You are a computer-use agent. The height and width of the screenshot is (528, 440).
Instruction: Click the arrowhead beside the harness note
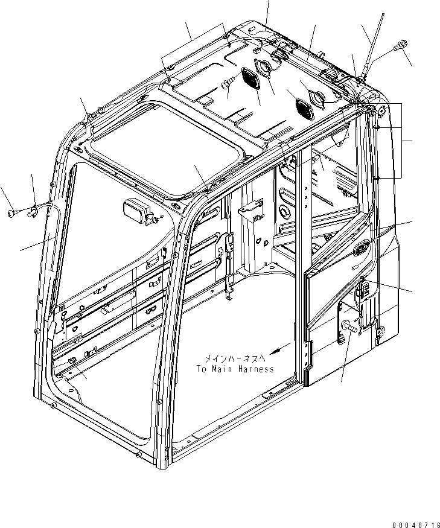coord(275,350)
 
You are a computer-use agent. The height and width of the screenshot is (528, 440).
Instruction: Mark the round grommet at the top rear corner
coord(380,110)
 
